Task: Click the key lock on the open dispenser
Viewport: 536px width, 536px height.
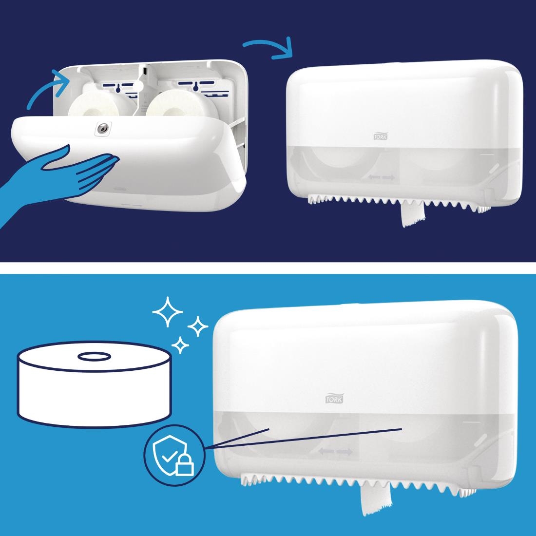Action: point(103,128)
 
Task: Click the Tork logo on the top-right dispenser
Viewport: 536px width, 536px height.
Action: point(380,136)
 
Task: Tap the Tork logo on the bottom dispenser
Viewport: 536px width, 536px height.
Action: point(334,398)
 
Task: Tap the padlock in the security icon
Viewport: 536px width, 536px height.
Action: point(185,465)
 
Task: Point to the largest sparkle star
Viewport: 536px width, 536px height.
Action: point(168,312)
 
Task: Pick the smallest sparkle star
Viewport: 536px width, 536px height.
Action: point(180,345)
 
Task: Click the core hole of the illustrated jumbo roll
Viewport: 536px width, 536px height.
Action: point(95,357)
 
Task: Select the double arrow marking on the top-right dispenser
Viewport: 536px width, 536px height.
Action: point(381,177)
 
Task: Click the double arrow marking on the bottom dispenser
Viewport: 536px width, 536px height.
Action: point(335,452)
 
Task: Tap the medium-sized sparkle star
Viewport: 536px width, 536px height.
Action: point(197,326)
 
